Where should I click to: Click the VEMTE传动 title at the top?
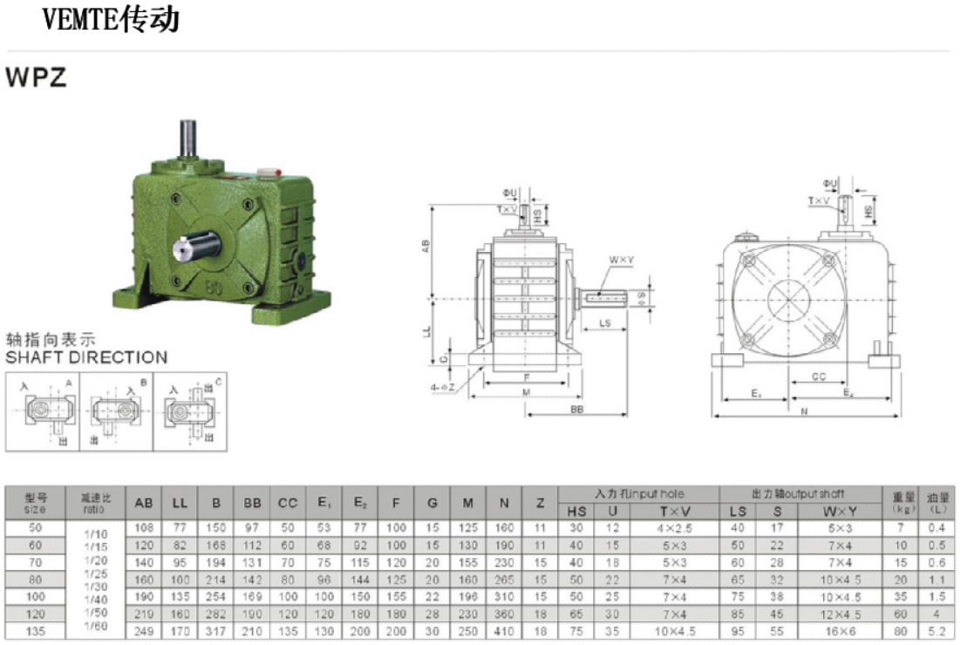coord(112,20)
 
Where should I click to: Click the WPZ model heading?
coord(36,78)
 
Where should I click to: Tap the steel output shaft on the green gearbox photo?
coord(193,247)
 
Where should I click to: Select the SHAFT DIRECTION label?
coord(86,357)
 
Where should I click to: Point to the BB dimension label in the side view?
coord(576,409)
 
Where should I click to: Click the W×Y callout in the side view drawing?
coord(621,260)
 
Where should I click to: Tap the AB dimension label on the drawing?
coord(426,247)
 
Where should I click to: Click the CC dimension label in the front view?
coord(819,377)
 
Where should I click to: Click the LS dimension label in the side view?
coord(604,323)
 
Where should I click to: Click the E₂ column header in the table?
coord(360,503)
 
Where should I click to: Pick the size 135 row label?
coord(35,631)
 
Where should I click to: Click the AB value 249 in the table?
coord(144,631)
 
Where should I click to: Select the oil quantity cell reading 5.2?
coord(937,631)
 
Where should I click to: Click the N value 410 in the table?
coord(504,631)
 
